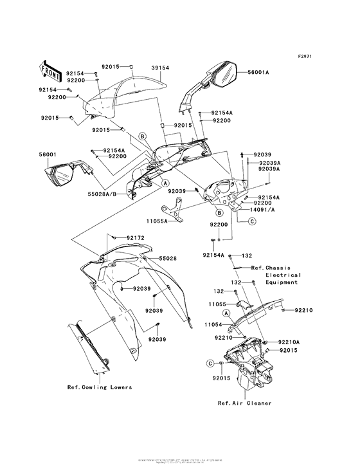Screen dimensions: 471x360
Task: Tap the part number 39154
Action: (161, 67)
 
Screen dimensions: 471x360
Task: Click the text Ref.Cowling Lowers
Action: (100, 387)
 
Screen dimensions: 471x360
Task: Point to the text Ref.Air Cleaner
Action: (244, 403)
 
